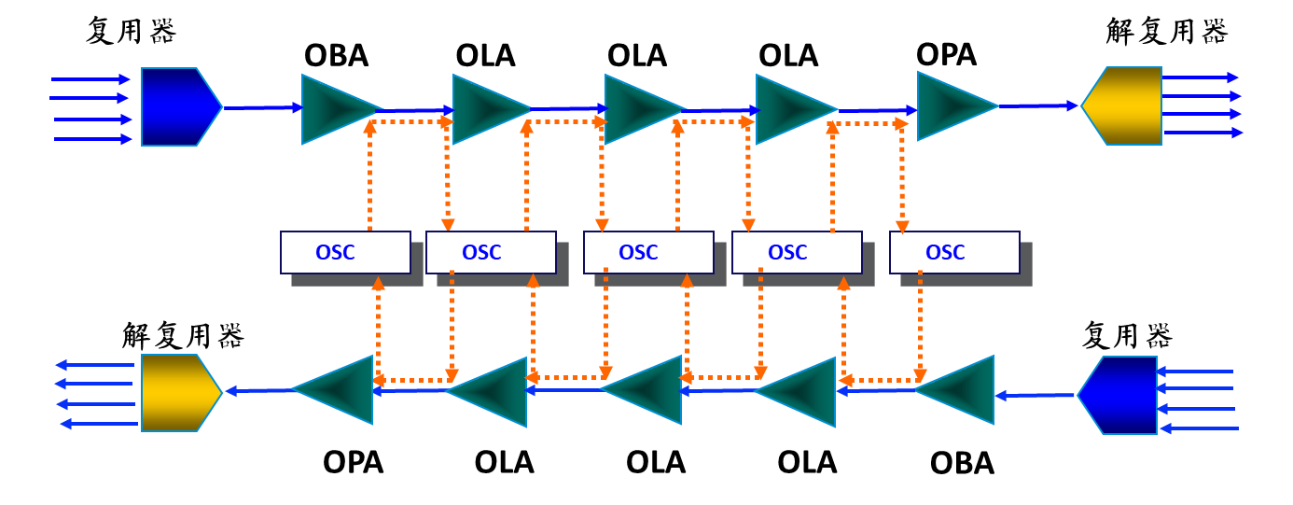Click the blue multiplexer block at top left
click(180, 106)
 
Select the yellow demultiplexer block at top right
click(1122, 105)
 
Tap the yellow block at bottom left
click(180, 393)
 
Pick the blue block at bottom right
click(1119, 395)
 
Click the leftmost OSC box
click(345, 252)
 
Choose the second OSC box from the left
click(491, 252)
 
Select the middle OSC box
click(648, 252)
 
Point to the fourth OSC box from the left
click(797, 252)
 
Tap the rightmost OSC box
click(954, 252)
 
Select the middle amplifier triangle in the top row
click(639, 109)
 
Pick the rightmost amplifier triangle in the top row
click(952, 106)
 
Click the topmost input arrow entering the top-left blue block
click(90, 79)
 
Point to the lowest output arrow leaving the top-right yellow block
click(1203, 133)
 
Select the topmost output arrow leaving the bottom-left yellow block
click(94, 365)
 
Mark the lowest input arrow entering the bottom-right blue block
click(1199, 428)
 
